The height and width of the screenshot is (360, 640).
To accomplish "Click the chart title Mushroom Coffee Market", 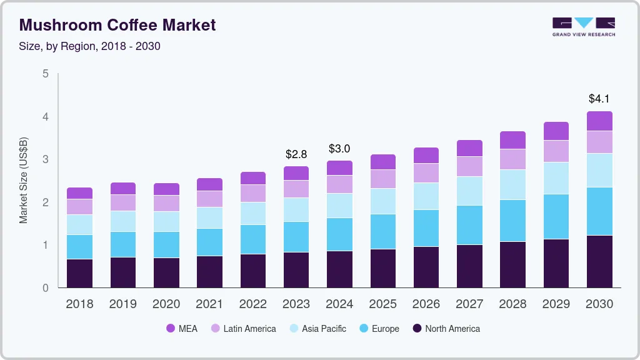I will (117, 25).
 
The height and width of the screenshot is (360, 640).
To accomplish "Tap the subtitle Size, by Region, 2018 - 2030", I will (90, 46).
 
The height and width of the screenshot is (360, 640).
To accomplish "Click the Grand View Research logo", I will (583, 26).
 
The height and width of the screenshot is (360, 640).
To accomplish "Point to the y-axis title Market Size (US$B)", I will (23, 181).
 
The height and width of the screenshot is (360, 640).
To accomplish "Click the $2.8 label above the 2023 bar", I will (296, 154).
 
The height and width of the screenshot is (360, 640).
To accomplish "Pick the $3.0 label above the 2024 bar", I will (339, 149).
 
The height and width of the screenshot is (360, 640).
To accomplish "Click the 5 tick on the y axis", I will (45, 74).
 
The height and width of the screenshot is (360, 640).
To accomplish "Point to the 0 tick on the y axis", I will (45, 288).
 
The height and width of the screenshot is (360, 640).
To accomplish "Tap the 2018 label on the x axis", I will (79, 304).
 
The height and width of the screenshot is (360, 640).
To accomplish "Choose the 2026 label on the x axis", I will (426, 304).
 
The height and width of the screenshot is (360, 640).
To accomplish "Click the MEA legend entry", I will (182, 329).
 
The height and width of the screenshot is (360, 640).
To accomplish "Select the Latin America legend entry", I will (242, 329).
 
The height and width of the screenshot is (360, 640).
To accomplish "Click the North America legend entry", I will (446, 329).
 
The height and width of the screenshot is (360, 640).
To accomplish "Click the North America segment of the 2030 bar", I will (599, 261).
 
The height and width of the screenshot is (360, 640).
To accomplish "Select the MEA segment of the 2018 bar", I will (79, 193).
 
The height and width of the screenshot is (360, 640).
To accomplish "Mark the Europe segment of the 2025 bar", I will (382, 231).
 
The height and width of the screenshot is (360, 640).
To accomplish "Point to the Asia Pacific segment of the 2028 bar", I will (512, 184).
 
